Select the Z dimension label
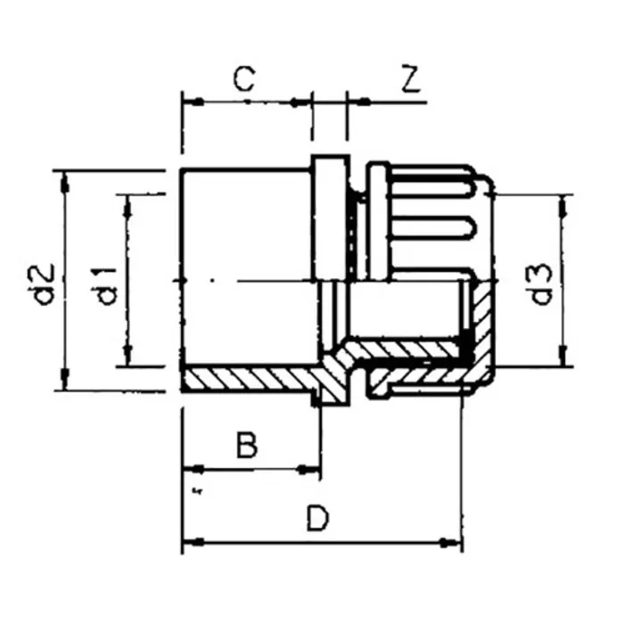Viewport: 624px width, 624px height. click(410, 80)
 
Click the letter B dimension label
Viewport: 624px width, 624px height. click(248, 444)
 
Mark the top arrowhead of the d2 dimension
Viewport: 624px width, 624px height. click(64, 179)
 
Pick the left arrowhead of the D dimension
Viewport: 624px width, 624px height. click(189, 541)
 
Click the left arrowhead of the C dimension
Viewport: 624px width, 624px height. click(189, 102)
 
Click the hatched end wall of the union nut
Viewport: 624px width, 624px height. click(482, 330)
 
